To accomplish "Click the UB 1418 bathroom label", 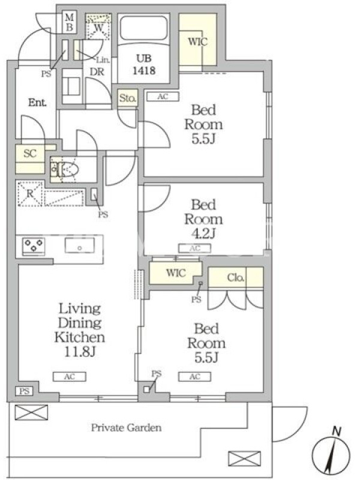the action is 144,64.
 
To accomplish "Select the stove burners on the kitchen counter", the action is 34,245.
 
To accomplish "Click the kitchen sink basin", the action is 80,245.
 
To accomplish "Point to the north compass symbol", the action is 331,452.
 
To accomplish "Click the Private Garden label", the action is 126,428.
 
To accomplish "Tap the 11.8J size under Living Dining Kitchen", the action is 80,352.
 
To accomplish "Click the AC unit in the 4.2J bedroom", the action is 194,248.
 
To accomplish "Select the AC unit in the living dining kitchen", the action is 70,377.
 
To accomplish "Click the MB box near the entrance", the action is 69,22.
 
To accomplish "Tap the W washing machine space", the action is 98,27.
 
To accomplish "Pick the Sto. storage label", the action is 128,98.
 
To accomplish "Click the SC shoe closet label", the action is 30,153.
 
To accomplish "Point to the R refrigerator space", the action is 30,193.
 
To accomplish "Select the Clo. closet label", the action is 235,278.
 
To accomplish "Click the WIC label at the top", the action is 198,41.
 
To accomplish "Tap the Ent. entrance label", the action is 37,102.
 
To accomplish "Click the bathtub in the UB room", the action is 143,28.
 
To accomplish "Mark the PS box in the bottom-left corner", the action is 25,391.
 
